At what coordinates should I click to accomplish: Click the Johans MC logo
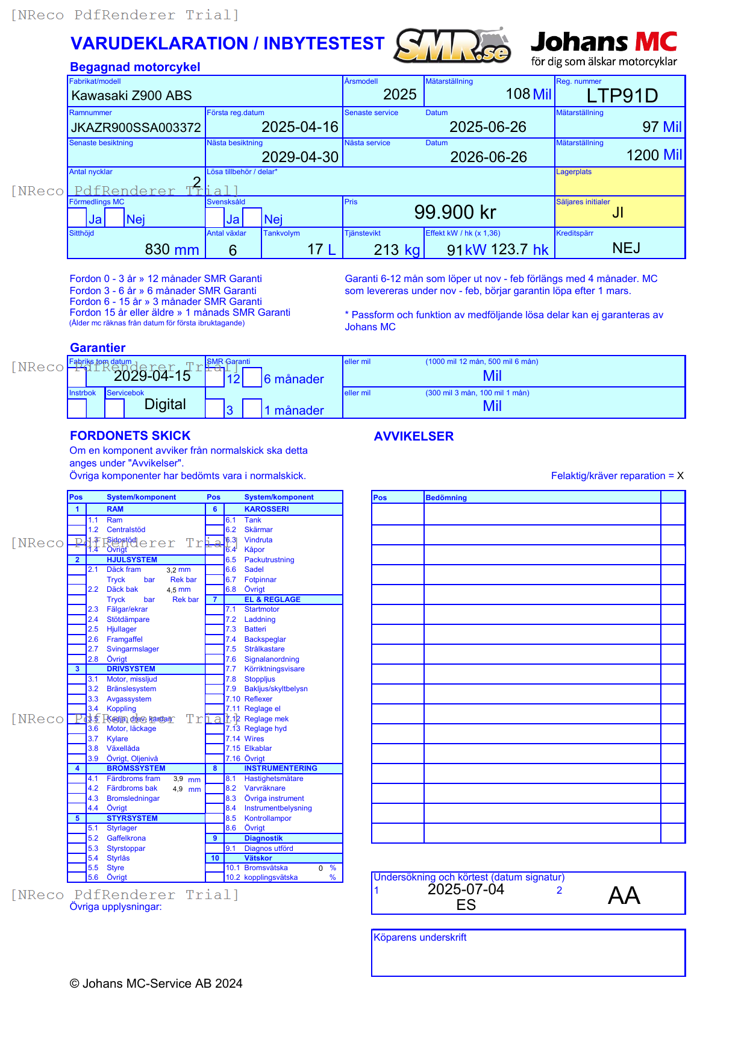click(x=604, y=48)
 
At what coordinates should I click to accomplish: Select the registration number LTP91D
click(x=622, y=96)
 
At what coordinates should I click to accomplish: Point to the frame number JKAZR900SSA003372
click(x=136, y=128)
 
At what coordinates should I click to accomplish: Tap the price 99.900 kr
click(x=455, y=212)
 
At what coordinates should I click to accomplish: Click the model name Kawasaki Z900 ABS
click(x=131, y=96)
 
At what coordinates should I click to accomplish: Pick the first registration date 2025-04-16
click(x=299, y=127)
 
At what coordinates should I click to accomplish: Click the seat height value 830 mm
click(x=172, y=249)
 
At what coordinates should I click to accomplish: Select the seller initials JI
click(x=617, y=213)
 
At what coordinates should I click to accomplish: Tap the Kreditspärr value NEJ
click(x=626, y=248)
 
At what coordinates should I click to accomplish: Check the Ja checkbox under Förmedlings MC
click(x=77, y=218)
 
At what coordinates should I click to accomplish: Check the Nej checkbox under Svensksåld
click(x=252, y=218)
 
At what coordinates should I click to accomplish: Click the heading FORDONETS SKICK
click(x=130, y=436)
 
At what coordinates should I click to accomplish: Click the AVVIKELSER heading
click(x=413, y=436)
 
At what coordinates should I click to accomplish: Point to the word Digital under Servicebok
click(x=165, y=404)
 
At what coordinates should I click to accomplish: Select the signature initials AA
click(x=624, y=895)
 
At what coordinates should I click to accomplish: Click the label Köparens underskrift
click(x=420, y=938)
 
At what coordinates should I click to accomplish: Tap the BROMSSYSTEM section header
click(x=136, y=768)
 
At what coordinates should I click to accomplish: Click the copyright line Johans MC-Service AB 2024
click(x=156, y=983)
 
